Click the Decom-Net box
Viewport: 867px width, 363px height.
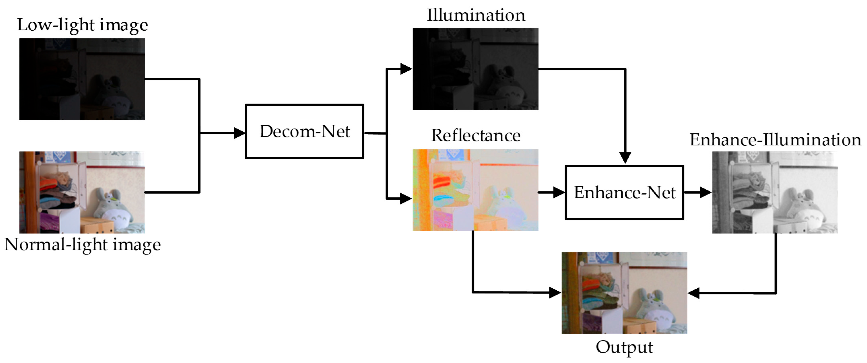point(304,131)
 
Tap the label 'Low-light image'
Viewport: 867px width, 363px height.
point(82,25)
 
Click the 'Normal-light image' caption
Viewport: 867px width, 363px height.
point(82,245)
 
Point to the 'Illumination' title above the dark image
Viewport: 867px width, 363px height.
point(476,15)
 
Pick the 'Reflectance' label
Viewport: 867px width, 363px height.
point(476,136)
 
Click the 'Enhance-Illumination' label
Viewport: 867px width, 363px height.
point(775,140)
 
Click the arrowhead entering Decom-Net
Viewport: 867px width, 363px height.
point(240,133)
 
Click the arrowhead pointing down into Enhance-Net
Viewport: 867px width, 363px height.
point(625,157)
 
